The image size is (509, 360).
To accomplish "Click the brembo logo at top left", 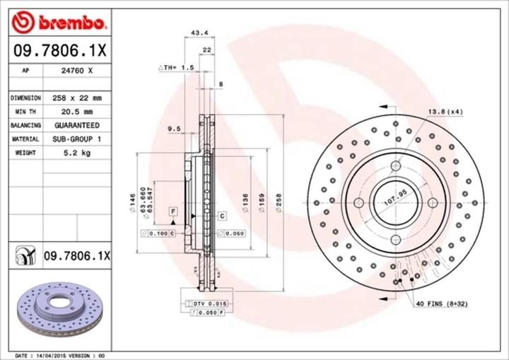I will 59,23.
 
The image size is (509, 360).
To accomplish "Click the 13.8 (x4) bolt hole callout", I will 445,112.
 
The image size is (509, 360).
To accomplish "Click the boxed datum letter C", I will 221,215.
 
